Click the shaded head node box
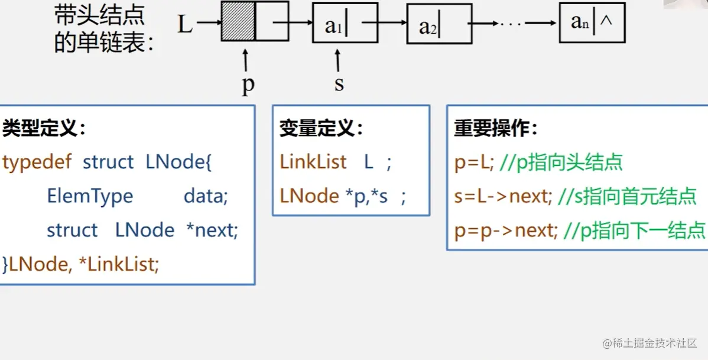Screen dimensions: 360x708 238,22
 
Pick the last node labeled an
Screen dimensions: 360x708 592,23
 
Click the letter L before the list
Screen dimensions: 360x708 185,24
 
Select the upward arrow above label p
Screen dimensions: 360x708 245,61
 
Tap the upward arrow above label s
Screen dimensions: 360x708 338,60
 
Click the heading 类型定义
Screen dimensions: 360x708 44,128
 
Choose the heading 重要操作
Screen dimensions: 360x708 496,128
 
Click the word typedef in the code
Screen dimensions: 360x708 38,163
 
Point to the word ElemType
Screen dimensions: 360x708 90,196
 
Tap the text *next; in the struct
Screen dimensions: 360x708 212,230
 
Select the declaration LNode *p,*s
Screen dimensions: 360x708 334,196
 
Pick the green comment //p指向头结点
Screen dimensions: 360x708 561,163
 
